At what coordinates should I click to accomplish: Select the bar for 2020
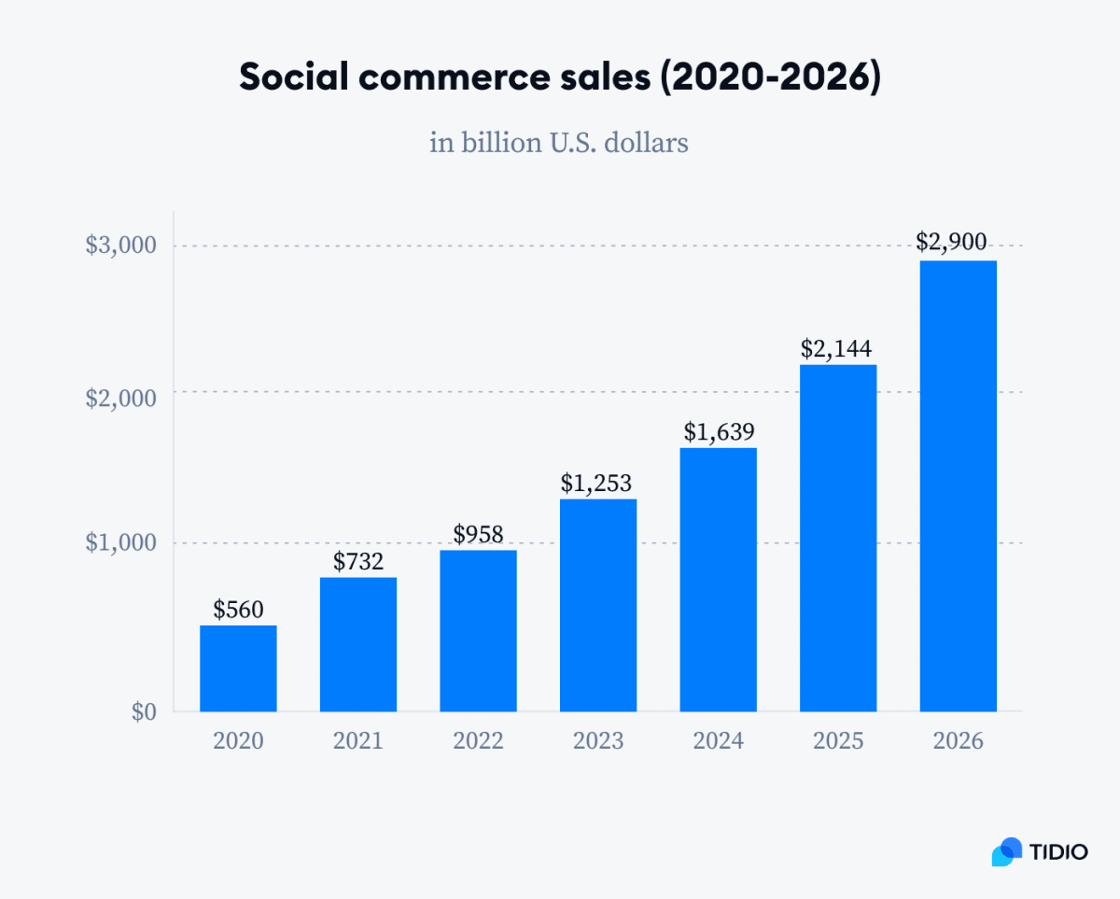tap(238, 668)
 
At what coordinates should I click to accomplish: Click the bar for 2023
tap(598, 605)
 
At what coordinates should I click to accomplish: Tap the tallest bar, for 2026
tap(958, 485)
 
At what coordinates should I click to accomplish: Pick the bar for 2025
tap(838, 538)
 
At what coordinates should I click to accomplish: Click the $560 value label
tap(238, 610)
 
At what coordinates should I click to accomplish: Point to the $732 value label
tap(358, 561)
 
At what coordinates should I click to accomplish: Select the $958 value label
tap(478, 534)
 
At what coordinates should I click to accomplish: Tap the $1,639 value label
tap(718, 431)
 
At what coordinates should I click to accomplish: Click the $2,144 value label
tap(837, 348)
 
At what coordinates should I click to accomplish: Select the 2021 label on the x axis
tap(358, 741)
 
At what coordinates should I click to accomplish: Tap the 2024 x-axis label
tap(718, 741)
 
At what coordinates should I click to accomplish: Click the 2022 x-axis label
tap(478, 741)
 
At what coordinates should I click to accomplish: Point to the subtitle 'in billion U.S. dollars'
tap(559, 143)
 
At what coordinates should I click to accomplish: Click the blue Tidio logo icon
tap(1007, 850)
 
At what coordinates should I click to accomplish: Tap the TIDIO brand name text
tap(1059, 851)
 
